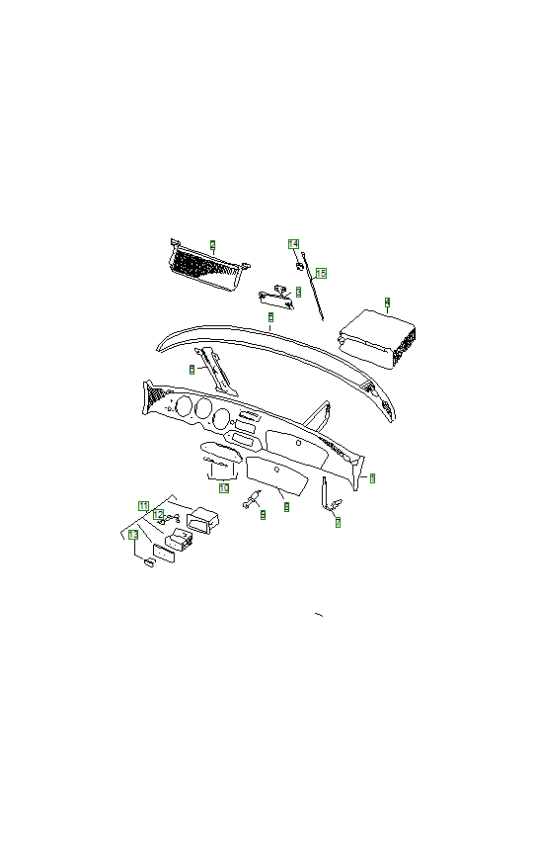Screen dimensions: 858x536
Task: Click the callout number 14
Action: (293, 243)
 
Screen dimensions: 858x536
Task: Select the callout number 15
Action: (321, 272)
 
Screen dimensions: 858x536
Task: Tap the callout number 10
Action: (223, 487)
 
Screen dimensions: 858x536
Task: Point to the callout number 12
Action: (158, 515)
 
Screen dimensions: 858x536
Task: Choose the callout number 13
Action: (133, 535)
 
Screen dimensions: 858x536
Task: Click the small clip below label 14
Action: (297, 264)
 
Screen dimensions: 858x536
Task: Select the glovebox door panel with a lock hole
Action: (280, 474)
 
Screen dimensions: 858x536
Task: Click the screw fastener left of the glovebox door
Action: (251, 500)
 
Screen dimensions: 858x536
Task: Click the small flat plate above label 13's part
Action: (162, 550)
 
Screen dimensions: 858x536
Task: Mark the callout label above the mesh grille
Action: (211, 243)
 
